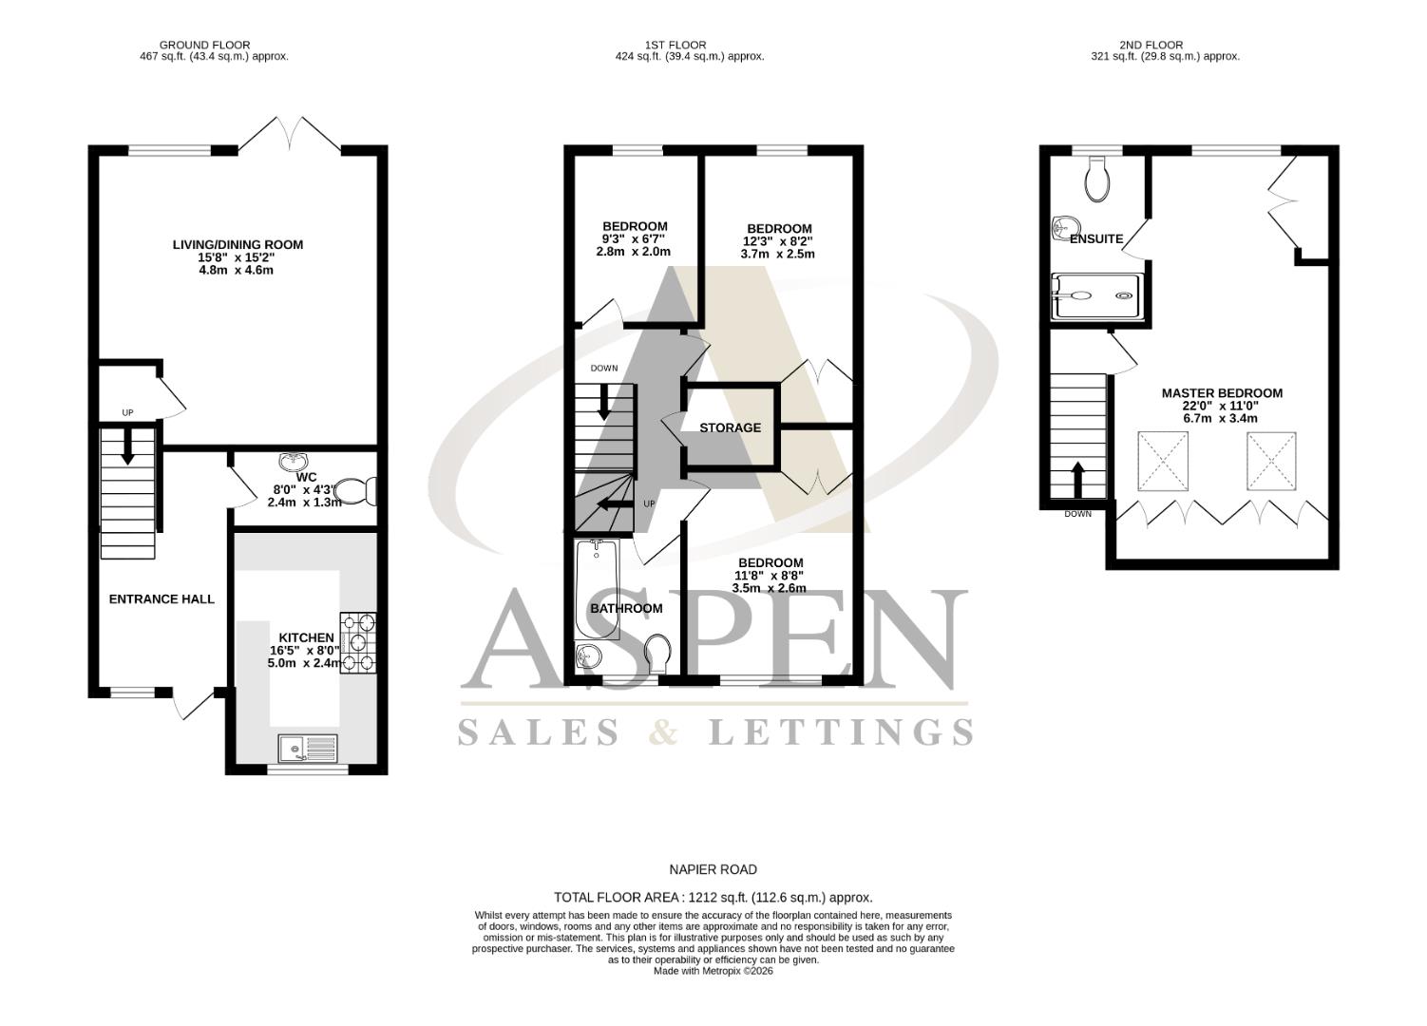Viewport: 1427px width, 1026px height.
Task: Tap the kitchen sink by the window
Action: (x=308, y=749)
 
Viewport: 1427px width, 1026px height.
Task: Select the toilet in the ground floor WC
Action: (x=360, y=491)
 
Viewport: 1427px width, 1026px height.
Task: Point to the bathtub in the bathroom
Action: (x=597, y=589)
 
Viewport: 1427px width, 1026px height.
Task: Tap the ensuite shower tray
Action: (x=1094, y=295)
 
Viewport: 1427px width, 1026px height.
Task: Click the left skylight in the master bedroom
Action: (x=1163, y=461)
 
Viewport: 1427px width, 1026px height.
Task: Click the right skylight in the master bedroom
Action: (x=1271, y=461)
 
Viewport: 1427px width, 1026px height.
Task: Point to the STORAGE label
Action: (x=730, y=427)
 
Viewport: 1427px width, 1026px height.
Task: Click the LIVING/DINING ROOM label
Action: (x=238, y=244)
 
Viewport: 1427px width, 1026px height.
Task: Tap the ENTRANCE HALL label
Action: (x=162, y=598)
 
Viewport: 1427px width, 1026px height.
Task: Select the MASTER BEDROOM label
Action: (x=1222, y=392)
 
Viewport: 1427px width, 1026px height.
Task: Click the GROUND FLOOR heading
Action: (x=204, y=45)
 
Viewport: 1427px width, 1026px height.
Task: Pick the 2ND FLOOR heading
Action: (x=1151, y=45)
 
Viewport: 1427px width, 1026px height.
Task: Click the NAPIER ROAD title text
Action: (x=713, y=869)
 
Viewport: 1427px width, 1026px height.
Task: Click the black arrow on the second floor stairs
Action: (x=1078, y=478)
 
